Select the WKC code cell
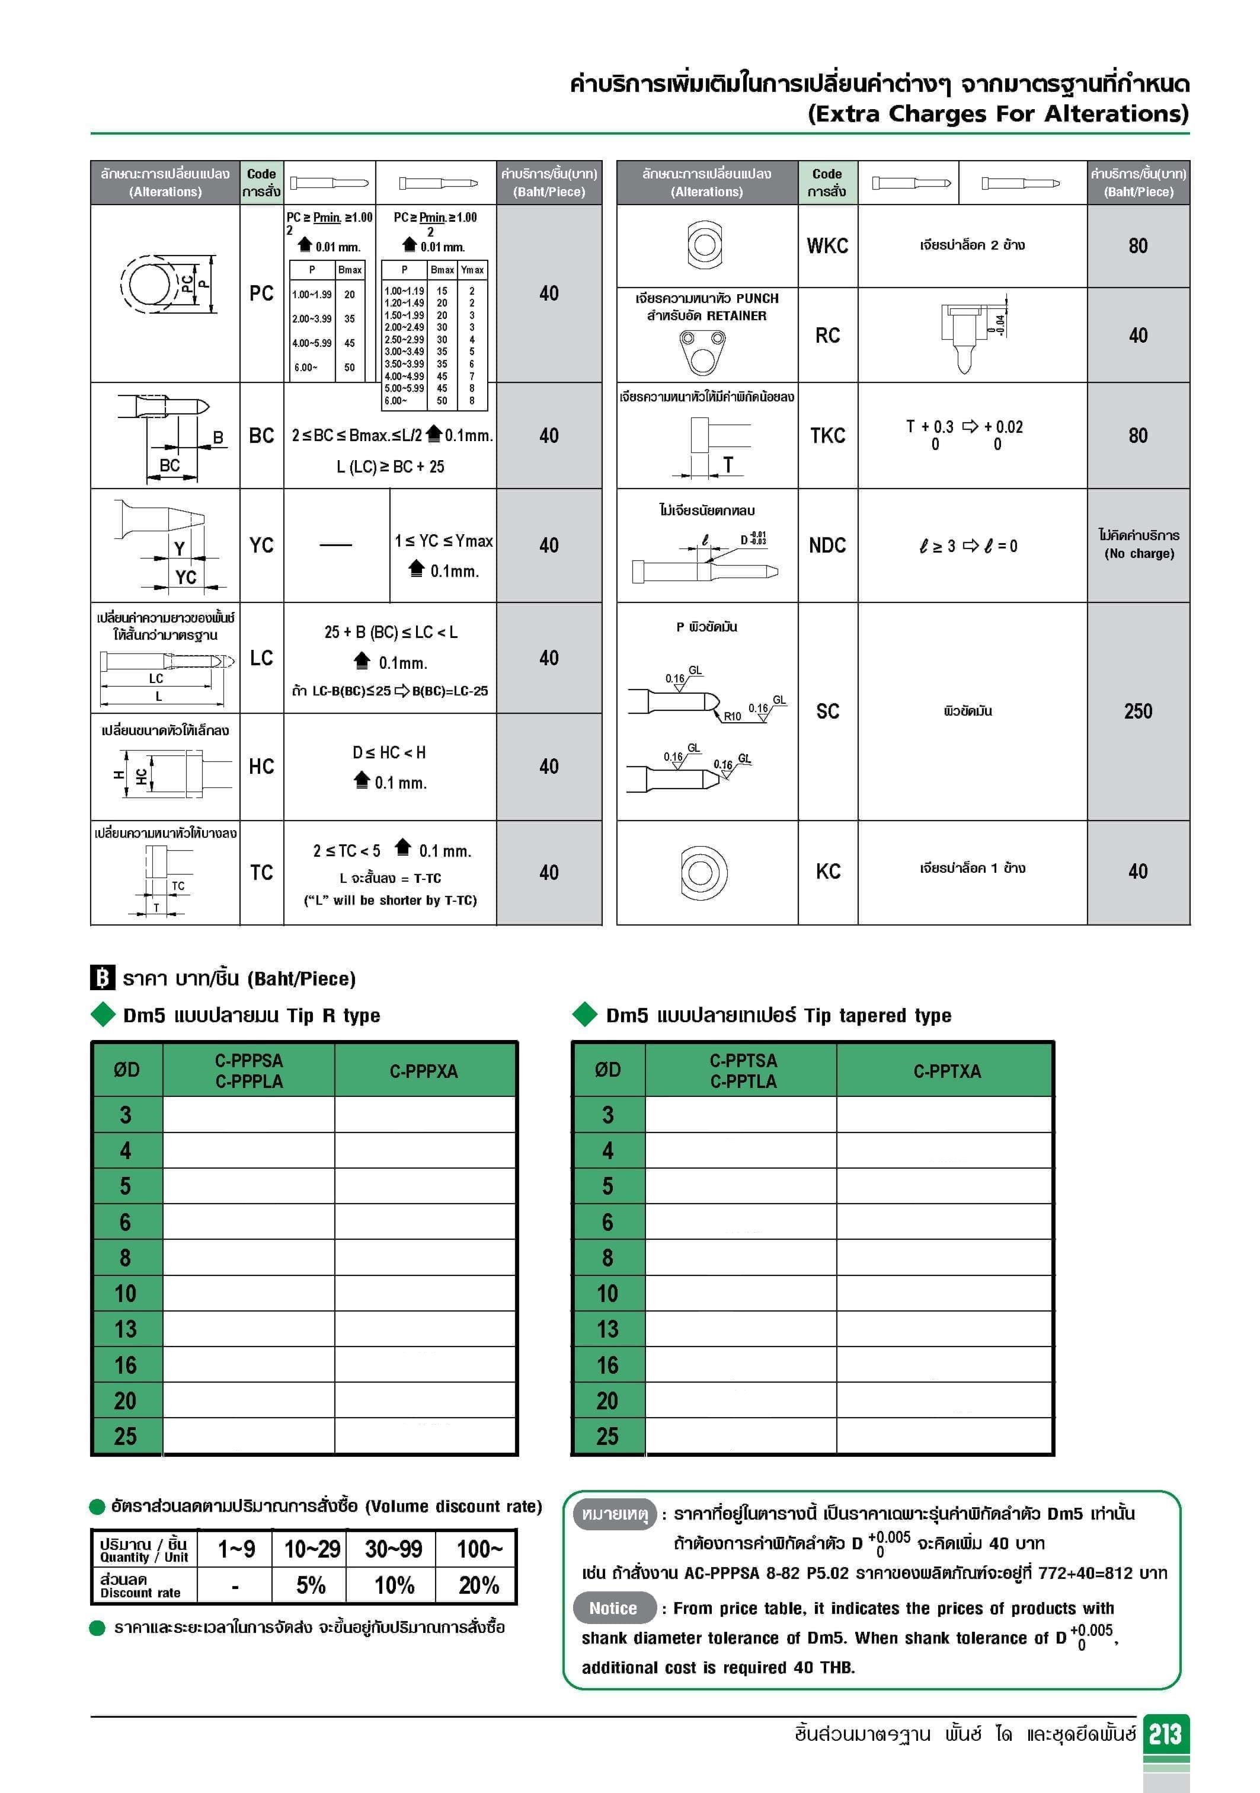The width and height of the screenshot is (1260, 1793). point(827,246)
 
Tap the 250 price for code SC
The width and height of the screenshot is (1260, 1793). point(1137,711)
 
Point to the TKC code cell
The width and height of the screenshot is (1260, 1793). point(827,435)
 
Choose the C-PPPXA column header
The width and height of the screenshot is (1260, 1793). point(424,1071)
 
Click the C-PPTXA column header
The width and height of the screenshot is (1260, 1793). point(946,1071)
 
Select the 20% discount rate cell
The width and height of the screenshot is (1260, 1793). point(478,1584)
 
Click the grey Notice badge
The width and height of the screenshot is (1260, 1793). point(613,1608)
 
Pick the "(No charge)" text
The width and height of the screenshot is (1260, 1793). point(1139,554)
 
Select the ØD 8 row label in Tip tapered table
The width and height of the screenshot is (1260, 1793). point(607,1257)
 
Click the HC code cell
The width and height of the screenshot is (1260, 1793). point(261,766)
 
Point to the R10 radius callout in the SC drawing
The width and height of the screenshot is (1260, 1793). point(731,716)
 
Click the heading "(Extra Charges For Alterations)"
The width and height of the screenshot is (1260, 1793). point(997,114)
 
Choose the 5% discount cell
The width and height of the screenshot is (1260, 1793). point(311,1584)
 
